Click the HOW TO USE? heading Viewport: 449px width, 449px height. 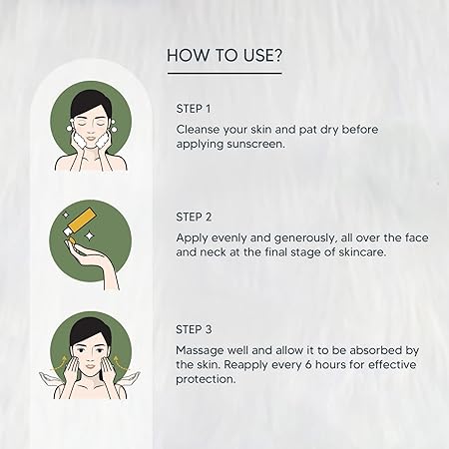(224, 55)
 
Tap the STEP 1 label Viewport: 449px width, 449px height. (194, 109)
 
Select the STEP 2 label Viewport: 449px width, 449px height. (194, 217)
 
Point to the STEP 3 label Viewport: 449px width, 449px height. (194, 329)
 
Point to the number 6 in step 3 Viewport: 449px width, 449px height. (308, 364)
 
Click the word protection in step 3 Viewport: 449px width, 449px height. (206, 379)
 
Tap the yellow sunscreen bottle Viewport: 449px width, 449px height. (77, 221)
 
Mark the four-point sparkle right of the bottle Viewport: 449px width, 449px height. (89, 235)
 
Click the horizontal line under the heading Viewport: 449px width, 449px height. (224, 73)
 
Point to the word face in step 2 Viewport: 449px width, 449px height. (417, 237)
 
